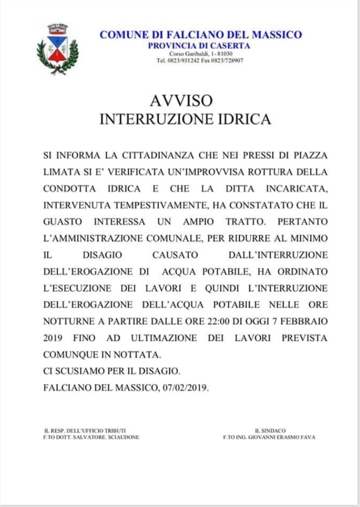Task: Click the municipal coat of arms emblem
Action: tap(57, 48)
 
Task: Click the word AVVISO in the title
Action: tap(181, 101)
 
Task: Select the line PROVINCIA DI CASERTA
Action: tap(199, 46)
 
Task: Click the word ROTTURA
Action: tap(270, 172)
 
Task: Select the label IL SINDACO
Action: tap(270, 431)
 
